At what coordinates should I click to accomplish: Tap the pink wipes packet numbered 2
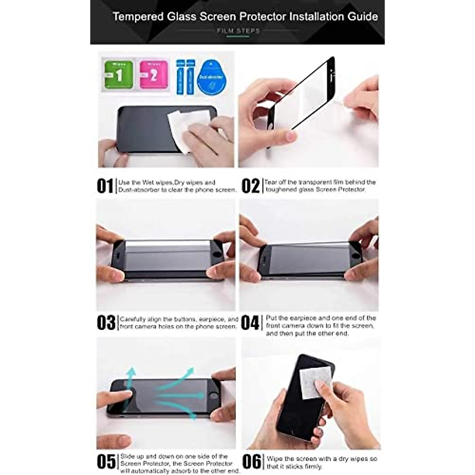pos(153,75)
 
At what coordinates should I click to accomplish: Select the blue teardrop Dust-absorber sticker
pos(211,77)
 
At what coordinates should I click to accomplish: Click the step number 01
pos(105,186)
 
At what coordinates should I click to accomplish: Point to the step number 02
pos(251,186)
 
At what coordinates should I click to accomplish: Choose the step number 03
pos(106,323)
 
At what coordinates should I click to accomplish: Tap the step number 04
pos(250,323)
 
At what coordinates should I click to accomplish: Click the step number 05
pos(106,462)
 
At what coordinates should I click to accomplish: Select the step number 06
pos(252,462)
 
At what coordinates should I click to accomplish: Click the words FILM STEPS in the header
pos(238,30)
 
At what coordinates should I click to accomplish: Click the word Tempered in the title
pos(138,17)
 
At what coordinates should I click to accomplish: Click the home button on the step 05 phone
pos(214,395)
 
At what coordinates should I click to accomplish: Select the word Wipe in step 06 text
pos(275,459)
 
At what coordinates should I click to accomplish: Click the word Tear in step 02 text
pos(271,182)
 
